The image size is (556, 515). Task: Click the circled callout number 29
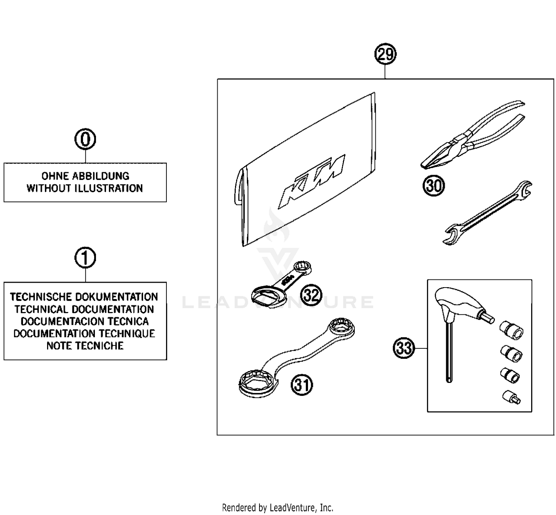click(x=385, y=55)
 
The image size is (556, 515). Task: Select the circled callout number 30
click(x=434, y=186)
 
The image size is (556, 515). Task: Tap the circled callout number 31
click(x=302, y=385)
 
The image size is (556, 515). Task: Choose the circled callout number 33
click(x=404, y=348)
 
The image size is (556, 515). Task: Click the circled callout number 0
click(x=85, y=140)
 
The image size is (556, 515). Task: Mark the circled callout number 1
click(x=85, y=258)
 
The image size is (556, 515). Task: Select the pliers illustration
click(x=471, y=137)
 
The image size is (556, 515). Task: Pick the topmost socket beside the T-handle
click(x=512, y=329)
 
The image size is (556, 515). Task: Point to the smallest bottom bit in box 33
click(x=512, y=397)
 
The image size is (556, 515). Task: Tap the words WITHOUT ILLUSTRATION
click(x=85, y=188)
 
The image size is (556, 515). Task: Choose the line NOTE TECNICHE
click(x=85, y=346)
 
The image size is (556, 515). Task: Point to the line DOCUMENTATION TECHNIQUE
click(x=85, y=334)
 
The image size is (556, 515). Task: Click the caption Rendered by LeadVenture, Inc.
click(x=277, y=507)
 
